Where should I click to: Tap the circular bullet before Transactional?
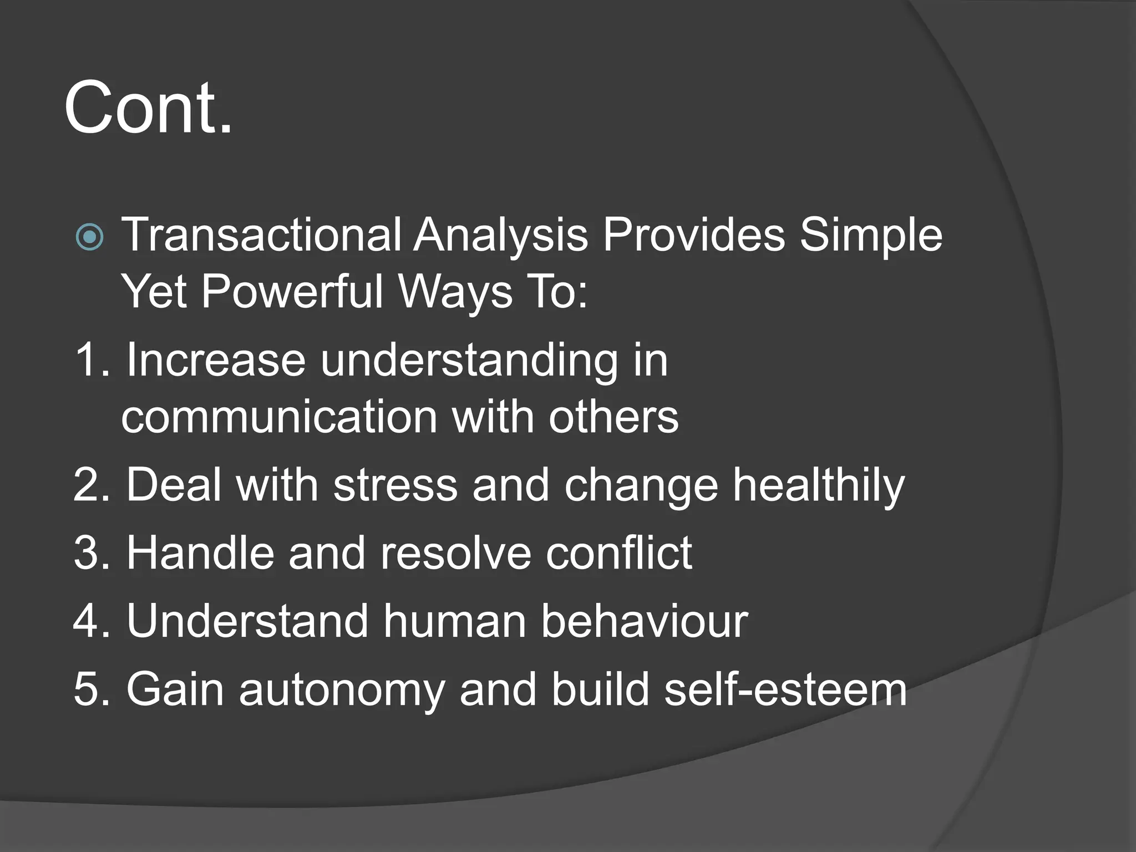coord(89,237)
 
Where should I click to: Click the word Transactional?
coord(261,235)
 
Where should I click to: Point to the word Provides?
coord(694,235)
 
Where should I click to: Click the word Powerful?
coord(292,292)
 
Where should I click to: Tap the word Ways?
coord(455,293)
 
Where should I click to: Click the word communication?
coord(280,417)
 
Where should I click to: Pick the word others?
coord(613,417)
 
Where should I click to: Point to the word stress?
coord(395,485)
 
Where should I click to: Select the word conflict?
coord(618,553)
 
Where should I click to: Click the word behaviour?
coord(644,621)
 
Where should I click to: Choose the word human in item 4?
coord(455,621)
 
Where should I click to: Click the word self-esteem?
coord(785,689)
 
